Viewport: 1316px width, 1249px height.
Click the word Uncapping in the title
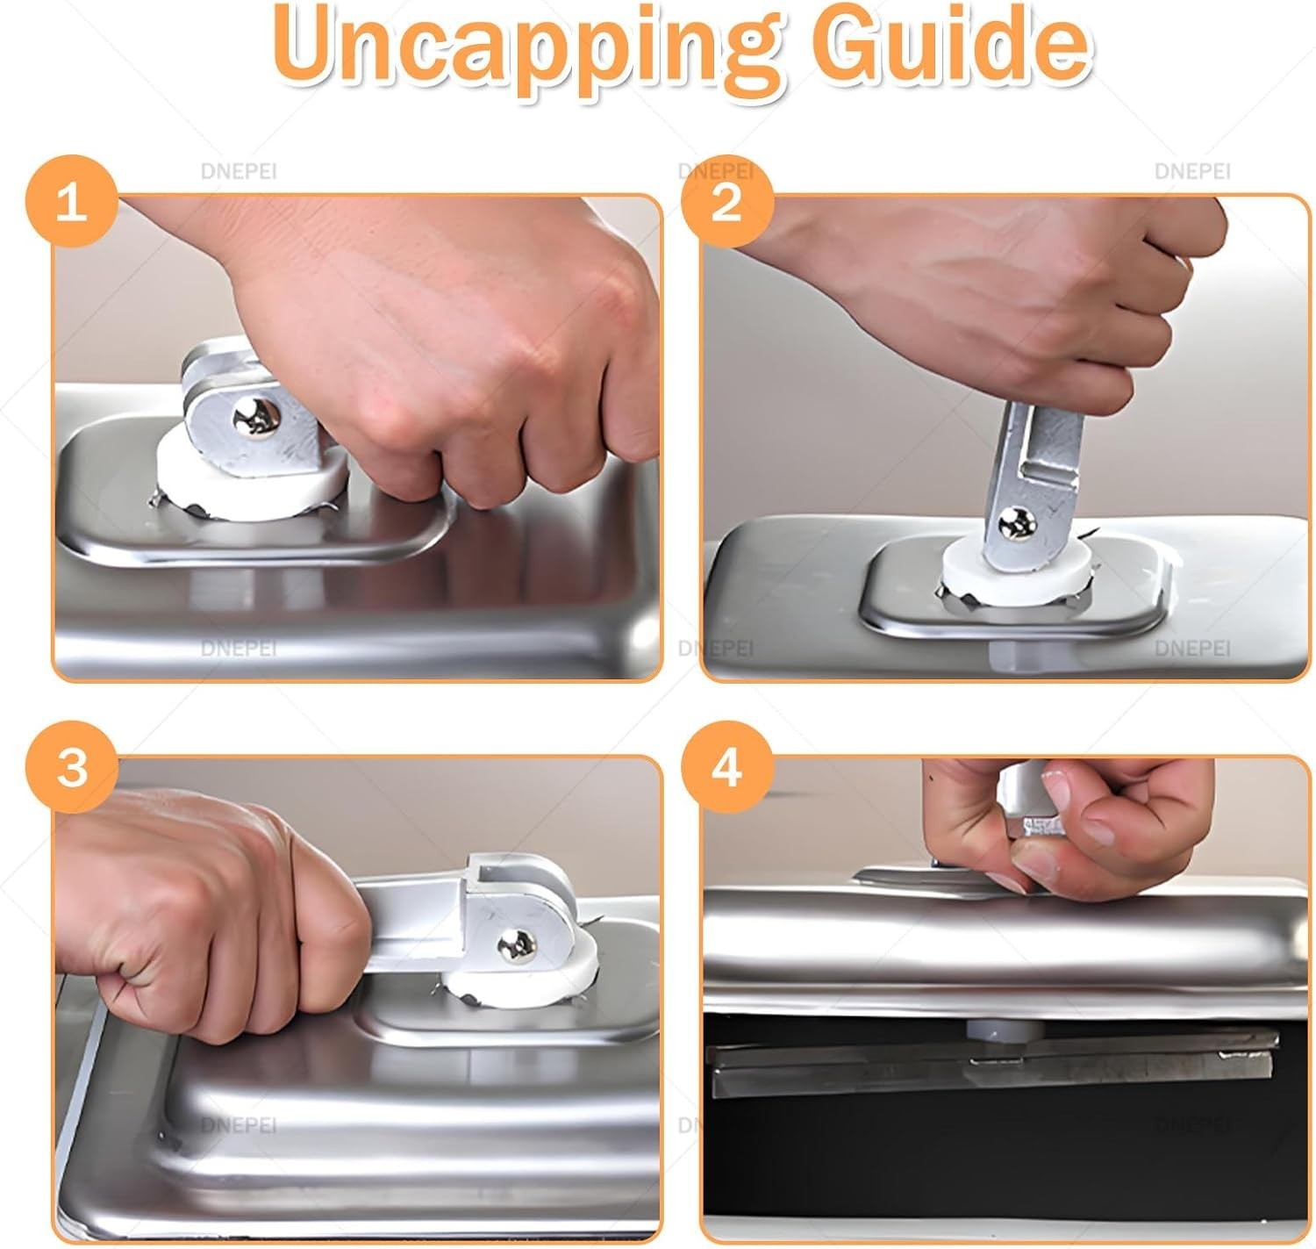pyautogui.click(x=527, y=53)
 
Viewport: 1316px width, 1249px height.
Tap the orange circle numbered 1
pyautogui.click(x=72, y=201)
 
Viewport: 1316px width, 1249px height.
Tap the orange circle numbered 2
pyautogui.click(x=727, y=201)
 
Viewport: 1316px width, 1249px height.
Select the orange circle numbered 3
pyautogui.click(x=72, y=767)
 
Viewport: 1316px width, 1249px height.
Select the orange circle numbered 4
pyautogui.click(x=727, y=767)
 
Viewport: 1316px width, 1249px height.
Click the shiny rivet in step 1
pyautogui.click(x=256, y=418)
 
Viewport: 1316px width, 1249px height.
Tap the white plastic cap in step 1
pyautogui.click(x=251, y=476)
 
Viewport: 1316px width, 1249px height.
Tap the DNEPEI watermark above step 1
pyautogui.click(x=239, y=171)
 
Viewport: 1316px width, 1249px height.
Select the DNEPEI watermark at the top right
pyautogui.click(x=1192, y=171)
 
